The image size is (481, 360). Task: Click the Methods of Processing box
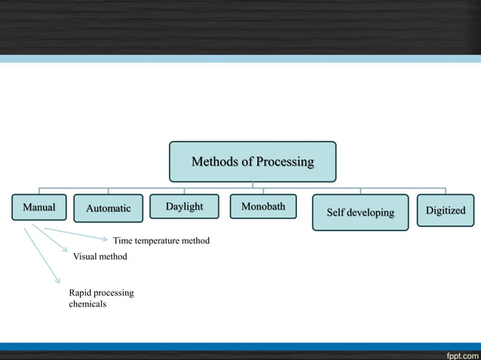click(x=253, y=162)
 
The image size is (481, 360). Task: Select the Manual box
click(x=39, y=207)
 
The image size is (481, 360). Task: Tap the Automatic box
click(x=108, y=209)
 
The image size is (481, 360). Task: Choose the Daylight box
click(x=184, y=206)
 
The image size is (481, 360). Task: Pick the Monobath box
click(x=263, y=206)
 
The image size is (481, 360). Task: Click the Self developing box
click(x=360, y=212)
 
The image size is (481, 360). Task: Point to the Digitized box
click(x=445, y=210)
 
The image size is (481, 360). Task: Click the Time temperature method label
click(x=161, y=241)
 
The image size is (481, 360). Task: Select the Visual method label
click(x=100, y=257)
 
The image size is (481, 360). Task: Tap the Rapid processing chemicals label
click(x=101, y=298)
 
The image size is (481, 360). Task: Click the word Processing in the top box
click(x=285, y=162)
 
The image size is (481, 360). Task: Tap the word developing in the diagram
click(x=371, y=212)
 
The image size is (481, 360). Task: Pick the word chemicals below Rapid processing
click(x=87, y=304)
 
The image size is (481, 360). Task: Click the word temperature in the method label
click(x=159, y=241)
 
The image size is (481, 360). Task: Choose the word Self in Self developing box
click(x=335, y=212)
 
